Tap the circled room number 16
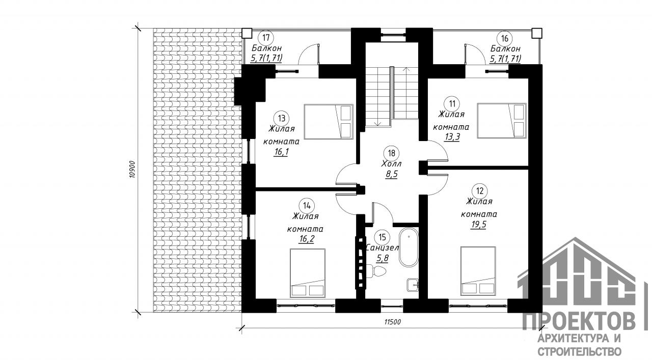point(505,38)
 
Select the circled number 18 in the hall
point(392,153)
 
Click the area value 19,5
point(478,225)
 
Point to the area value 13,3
point(452,137)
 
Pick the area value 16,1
point(281,152)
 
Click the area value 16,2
point(306,239)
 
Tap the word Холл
point(392,164)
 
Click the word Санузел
point(382,248)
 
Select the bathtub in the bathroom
point(409,247)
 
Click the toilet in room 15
point(376,271)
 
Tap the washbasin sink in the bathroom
point(413,284)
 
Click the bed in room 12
point(478,271)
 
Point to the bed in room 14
point(307,273)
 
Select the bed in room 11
point(502,121)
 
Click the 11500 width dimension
point(392,322)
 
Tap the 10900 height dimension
point(133,169)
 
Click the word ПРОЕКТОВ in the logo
point(579,322)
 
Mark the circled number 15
point(382,237)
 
